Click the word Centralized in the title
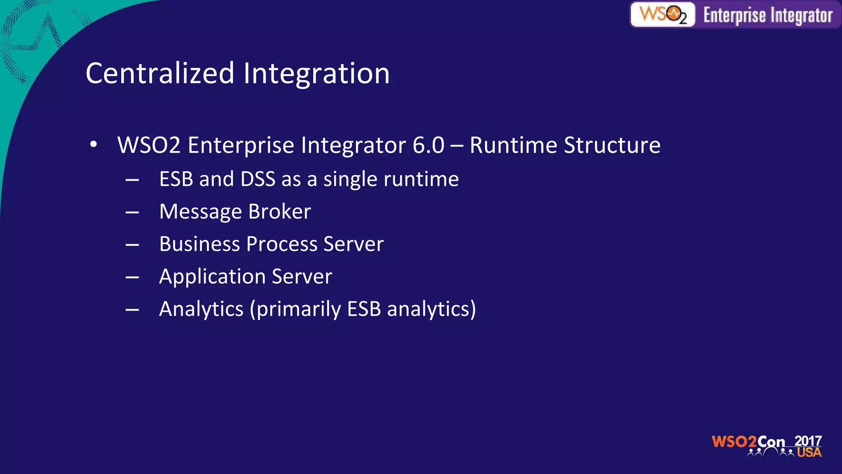click(x=160, y=73)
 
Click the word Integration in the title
click(x=316, y=73)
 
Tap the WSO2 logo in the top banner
click(x=663, y=15)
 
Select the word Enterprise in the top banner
click(x=734, y=16)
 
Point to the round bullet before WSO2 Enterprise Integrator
click(x=94, y=144)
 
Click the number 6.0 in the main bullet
click(x=428, y=145)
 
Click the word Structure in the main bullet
click(x=612, y=145)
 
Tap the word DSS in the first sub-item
click(x=258, y=179)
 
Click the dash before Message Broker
click(x=132, y=213)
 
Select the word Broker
click(x=280, y=211)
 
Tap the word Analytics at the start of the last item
click(x=201, y=309)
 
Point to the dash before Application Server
click(x=132, y=278)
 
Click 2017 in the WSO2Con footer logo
click(x=807, y=441)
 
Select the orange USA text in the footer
click(x=809, y=453)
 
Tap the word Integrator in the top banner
click(x=801, y=16)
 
